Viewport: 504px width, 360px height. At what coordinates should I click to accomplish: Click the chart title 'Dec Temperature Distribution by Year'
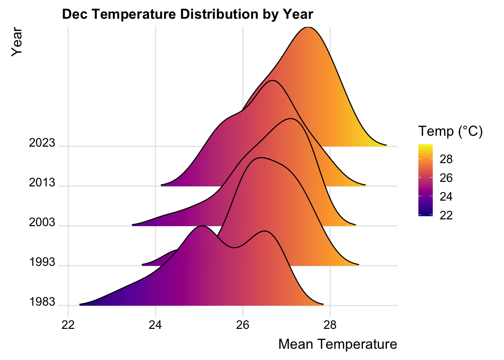[x=187, y=14]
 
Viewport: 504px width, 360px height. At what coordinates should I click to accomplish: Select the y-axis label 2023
[x=42, y=143]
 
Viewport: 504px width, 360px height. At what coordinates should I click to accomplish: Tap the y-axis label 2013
[x=42, y=183]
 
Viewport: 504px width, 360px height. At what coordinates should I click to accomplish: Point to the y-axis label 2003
[x=42, y=223]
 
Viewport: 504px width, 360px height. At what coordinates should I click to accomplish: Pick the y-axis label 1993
[x=42, y=262]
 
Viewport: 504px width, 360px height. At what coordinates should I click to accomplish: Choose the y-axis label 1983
[x=42, y=302]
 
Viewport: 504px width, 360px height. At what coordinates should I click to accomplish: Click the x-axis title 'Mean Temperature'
[x=337, y=344]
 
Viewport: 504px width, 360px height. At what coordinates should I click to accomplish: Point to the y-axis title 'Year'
[x=17, y=42]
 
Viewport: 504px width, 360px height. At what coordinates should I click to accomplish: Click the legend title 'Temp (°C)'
[x=450, y=131]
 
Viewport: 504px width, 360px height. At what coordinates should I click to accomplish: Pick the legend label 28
[x=446, y=159]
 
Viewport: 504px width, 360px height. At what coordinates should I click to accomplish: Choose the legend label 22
[x=446, y=215]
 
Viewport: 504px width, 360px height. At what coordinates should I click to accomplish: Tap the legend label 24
[x=446, y=196]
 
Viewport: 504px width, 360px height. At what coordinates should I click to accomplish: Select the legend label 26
[x=446, y=178]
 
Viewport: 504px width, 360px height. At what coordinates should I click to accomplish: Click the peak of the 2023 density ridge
[x=308, y=27]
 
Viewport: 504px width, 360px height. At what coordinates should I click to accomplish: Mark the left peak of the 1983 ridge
[x=202, y=226]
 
